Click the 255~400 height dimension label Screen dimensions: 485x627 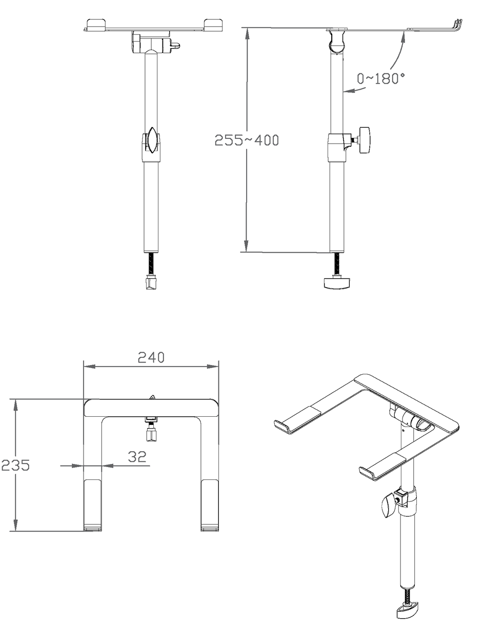click(x=247, y=140)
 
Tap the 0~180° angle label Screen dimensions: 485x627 click(x=381, y=78)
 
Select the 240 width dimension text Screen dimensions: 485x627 click(x=151, y=357)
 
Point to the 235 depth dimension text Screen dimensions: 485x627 click(x=15, y=465)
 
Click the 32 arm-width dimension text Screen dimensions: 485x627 click(x=137, y=456)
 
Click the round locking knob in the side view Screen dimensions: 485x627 click(x=365, y=140)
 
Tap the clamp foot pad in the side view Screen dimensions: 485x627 click(x=337, y=283)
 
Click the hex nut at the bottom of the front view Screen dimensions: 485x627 click(x=151, y=283)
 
